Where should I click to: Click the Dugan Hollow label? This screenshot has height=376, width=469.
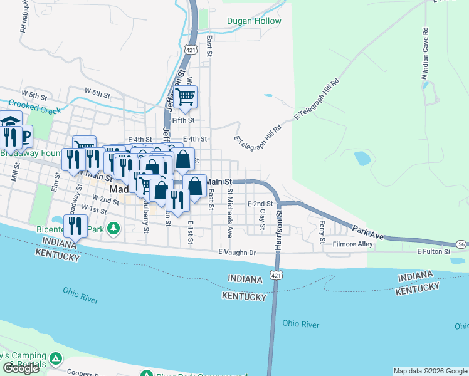point(254,21)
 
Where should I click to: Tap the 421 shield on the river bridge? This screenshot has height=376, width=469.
point(275,274)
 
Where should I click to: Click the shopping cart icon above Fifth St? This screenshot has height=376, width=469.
point(186,97)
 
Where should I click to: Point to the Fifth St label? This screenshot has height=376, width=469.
point(184,120)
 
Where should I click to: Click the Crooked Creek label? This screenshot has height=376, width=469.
point(36,107)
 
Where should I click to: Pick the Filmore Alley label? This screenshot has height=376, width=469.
point(352,244)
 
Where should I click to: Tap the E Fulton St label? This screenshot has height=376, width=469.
point(434,251)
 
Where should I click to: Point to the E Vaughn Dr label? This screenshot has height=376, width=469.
point(238,252)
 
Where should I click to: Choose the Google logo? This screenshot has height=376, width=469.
point(21,368)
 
